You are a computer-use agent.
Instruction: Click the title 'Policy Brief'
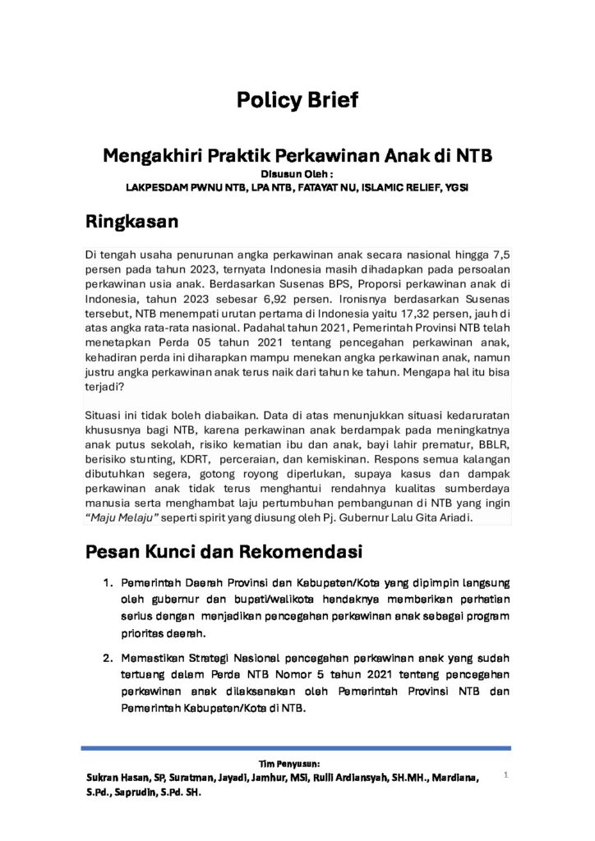[297, 101]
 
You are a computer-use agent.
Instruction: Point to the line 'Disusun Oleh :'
[297, 173]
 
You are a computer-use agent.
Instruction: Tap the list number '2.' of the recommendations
[108, 659]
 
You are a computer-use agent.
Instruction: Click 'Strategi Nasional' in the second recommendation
[217, 659]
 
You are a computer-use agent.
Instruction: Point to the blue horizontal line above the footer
[297, 748]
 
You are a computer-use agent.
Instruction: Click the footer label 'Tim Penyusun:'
[297, 764]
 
